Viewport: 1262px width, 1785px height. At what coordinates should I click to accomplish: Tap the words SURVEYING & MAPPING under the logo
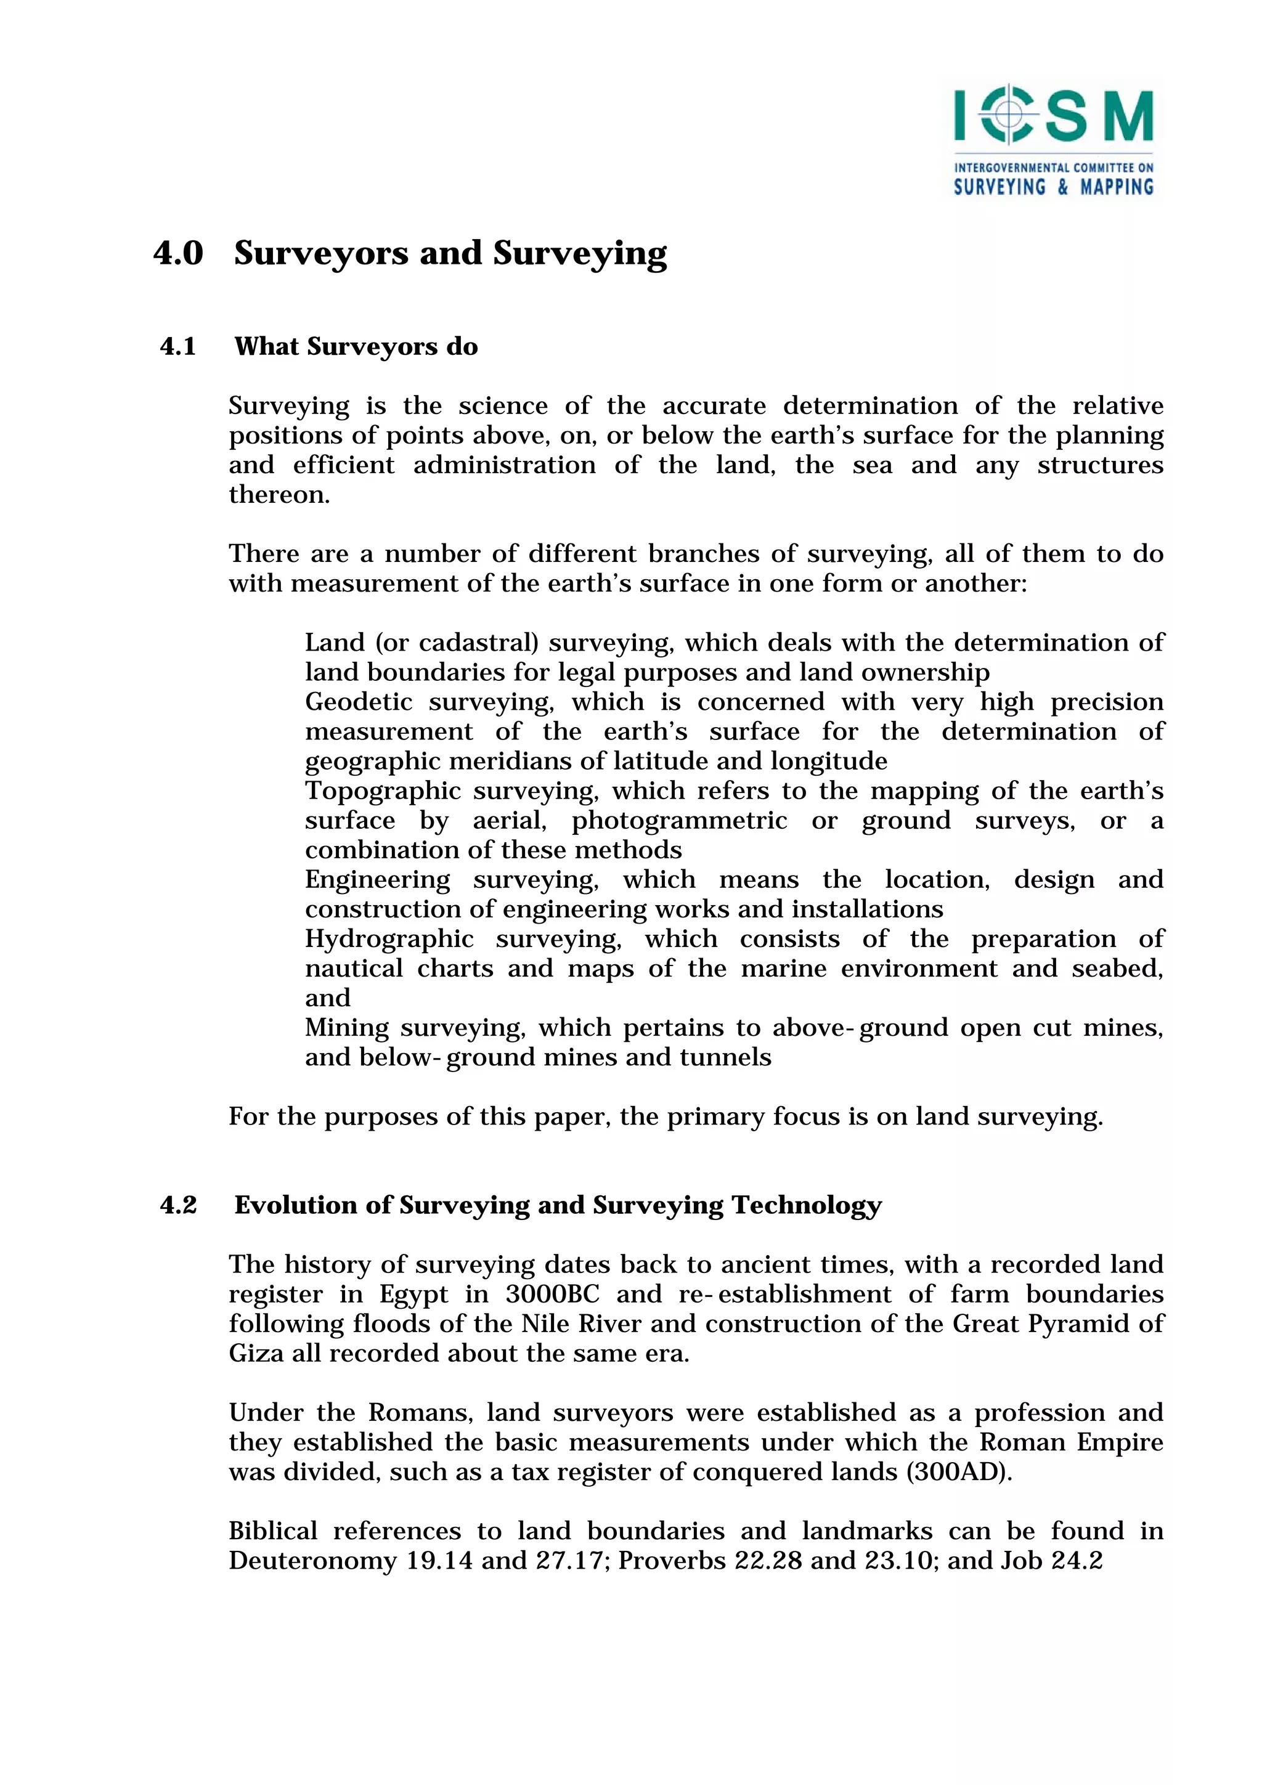point(1053,187)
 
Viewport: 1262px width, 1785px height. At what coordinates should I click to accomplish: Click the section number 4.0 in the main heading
point(178,253)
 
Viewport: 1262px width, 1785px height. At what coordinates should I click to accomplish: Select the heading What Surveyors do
point(356,347)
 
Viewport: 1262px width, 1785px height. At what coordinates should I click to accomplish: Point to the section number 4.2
point(178,1205)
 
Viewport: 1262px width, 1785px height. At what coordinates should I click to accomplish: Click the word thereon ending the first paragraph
point(279,495)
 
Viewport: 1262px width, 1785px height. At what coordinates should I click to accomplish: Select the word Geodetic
point(359,702)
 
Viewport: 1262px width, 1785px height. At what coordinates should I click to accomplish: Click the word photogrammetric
point(679,820)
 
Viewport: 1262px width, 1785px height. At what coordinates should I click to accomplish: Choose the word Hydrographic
point(389,939)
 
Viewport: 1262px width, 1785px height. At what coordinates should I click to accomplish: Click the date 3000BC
point(552,1295)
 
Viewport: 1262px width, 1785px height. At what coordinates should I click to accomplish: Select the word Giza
point(256,1354)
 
